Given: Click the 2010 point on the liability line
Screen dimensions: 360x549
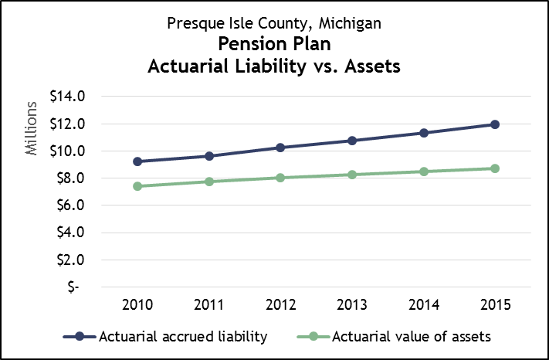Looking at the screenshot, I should click(137, 161).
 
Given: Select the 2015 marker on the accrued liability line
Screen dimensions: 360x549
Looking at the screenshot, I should click(495, 124).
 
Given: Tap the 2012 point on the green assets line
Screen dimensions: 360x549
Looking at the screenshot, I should click(280, 178).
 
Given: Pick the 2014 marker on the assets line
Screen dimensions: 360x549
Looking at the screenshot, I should click(424, 172).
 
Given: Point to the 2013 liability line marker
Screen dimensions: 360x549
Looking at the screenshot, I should click(352, 141).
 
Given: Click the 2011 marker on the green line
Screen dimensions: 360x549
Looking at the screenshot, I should click(209, 182).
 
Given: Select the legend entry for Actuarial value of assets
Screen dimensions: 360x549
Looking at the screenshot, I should click(394, 336).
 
